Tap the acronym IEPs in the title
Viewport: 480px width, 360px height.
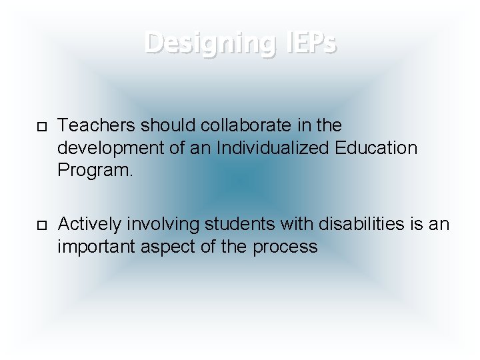[x=308, y=43]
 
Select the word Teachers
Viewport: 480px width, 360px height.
[x=96, y=125]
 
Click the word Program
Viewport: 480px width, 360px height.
[x=93, y=171]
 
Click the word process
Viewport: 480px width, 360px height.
[x=285, y=247]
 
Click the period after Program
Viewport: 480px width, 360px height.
[x=131, y=171]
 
